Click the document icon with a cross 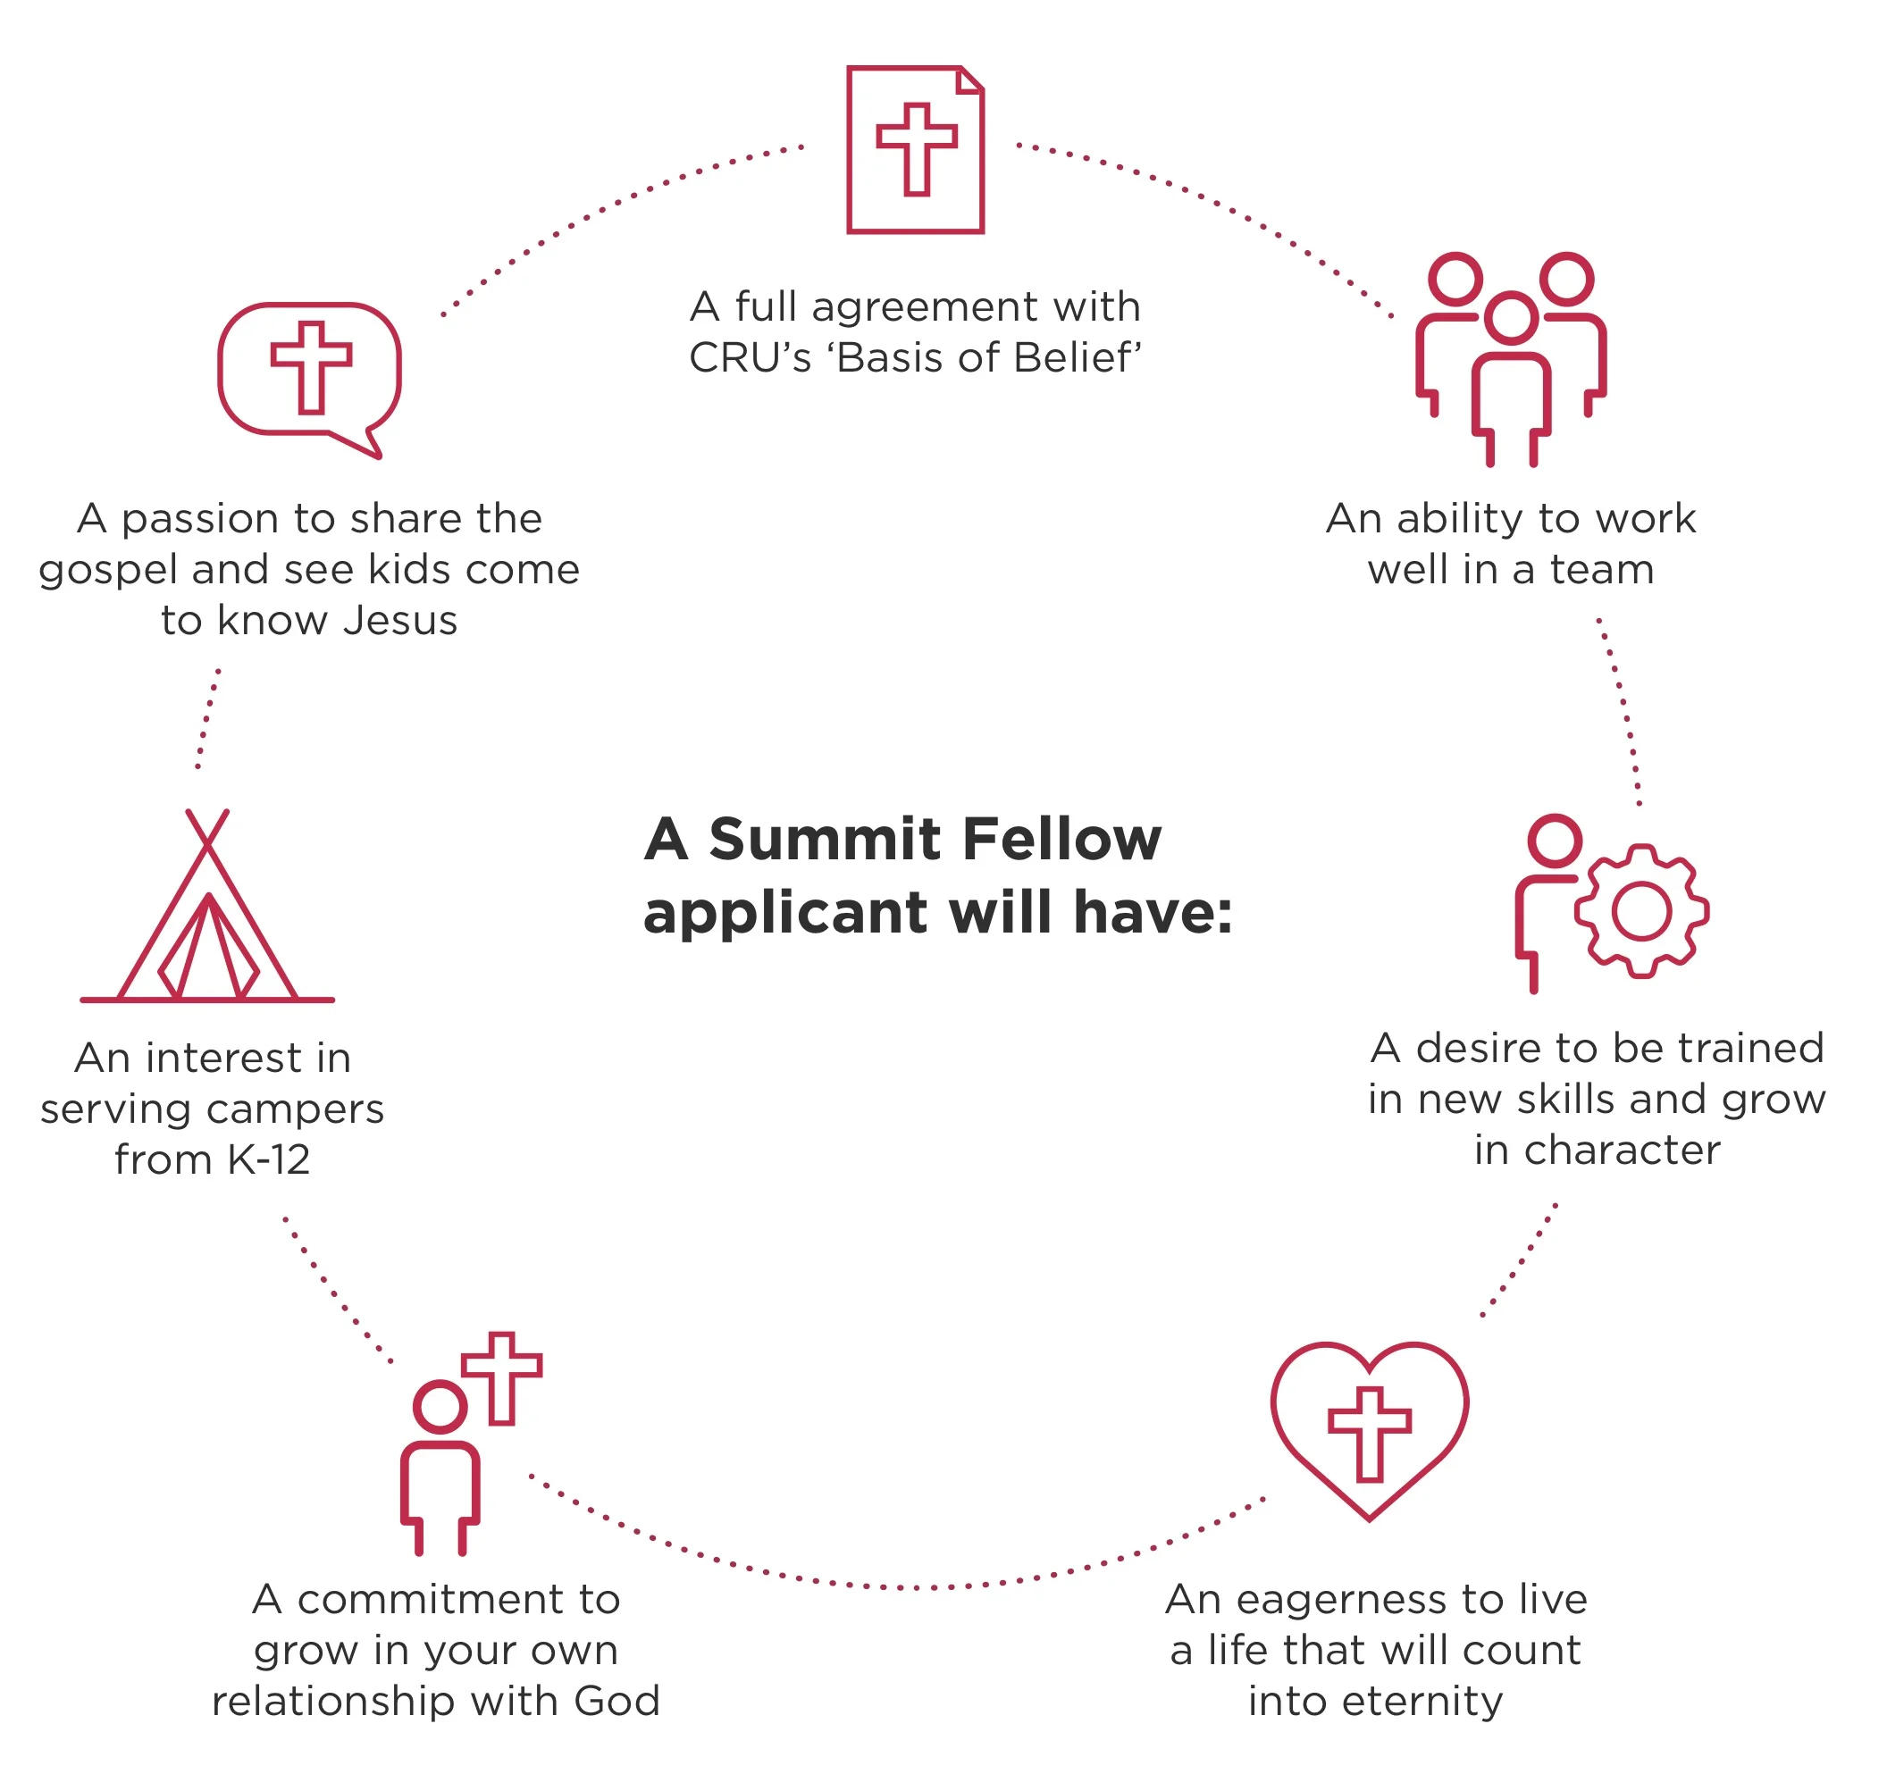tap(914, 150)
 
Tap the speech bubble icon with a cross tap(309, 376)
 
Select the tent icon tap(207, 911)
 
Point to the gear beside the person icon tap(1640, 911)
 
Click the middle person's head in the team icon tap(1510, 318)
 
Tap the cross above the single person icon tap(501, 1377)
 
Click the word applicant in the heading tap(785, 913)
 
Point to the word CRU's tap(749, 358)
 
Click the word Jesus tap(399, 620)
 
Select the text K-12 tap(268, 1159)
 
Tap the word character tap(1623, 1150)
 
